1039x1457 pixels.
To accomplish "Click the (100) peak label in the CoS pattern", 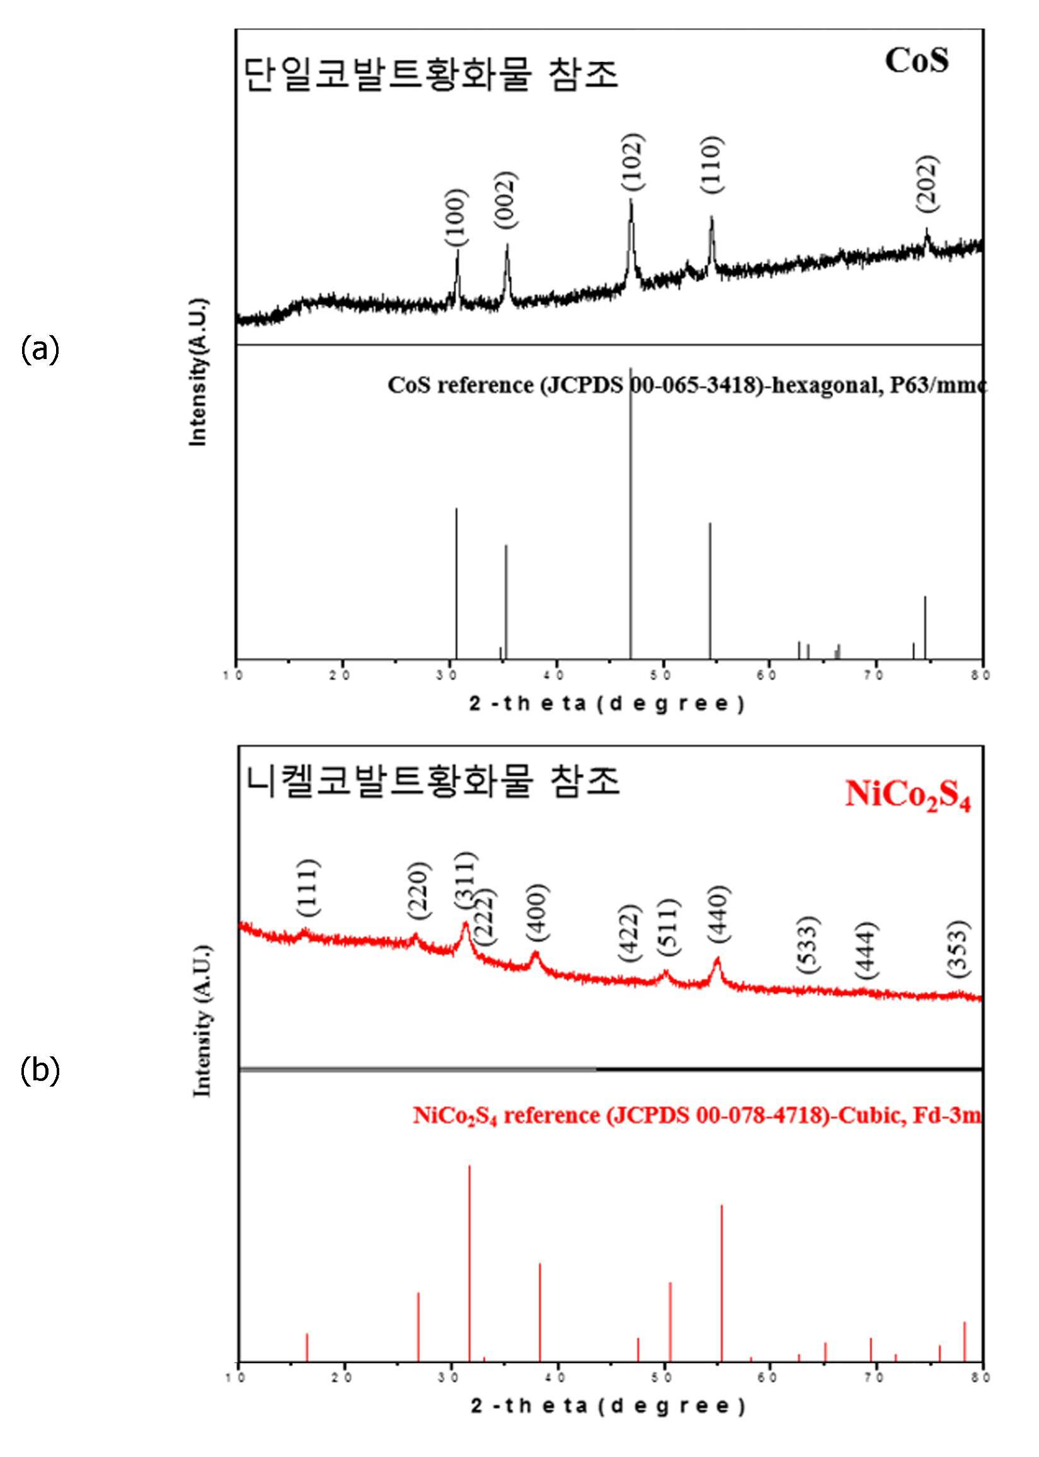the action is (x=457, y=217).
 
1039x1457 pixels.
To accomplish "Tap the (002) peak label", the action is (x=505, y=202).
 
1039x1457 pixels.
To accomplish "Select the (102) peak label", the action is (x=631, y=161).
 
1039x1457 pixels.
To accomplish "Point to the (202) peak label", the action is (x=927, y=183).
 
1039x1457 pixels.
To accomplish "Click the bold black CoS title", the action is (x=917, y=61).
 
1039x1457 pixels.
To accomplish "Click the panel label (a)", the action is (x=40, y=350).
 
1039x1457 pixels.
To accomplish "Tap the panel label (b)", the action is (x=40, y=1070).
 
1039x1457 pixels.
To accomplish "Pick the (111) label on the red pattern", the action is (x=308, y=888).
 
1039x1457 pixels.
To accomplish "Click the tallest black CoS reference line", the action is (x=631, y=513).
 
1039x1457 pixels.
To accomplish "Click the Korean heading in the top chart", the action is (x=432, y=76).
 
